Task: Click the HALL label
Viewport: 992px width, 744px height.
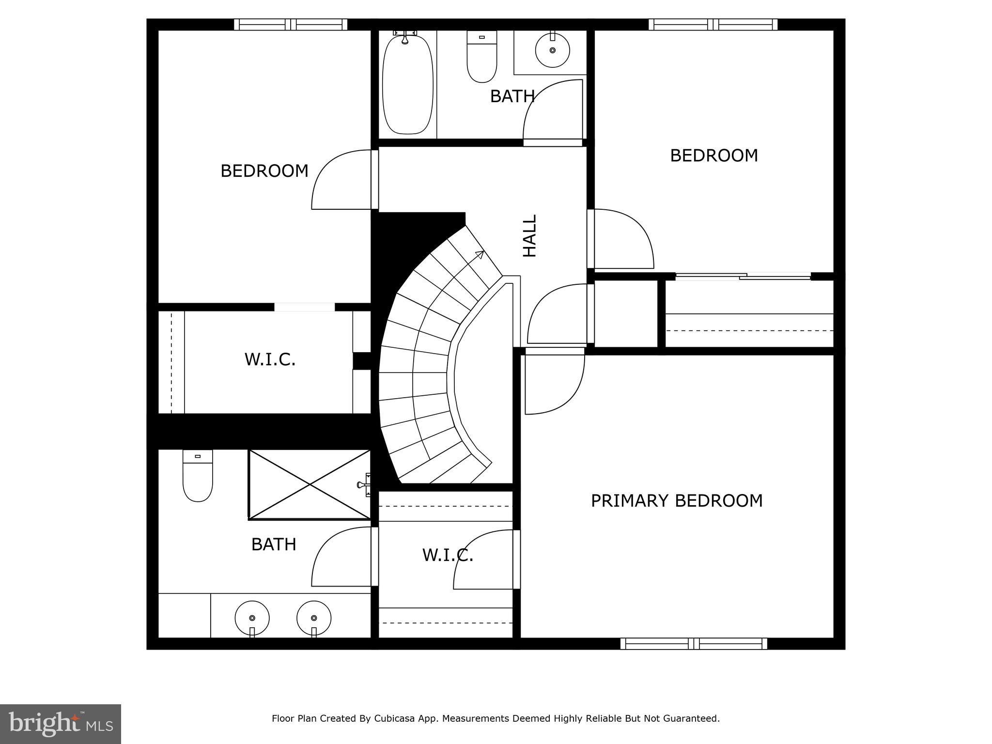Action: point(530,236)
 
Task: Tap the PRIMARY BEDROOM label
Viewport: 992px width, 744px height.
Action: point(677,501)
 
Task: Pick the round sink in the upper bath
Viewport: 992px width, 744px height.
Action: point(552,50)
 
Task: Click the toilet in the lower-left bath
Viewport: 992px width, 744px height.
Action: point(197,477)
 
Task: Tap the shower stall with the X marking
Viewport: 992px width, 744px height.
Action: point(310,484)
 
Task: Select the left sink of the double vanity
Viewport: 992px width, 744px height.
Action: point(252,618)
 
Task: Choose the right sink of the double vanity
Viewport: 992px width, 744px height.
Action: point(314,618)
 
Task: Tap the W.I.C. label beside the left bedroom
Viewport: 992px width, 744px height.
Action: point(270,360)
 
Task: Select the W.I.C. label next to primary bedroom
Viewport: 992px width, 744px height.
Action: point(448,556)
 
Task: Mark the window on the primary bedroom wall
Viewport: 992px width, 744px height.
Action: point(694,644)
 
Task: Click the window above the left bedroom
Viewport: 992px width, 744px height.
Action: point(291,25)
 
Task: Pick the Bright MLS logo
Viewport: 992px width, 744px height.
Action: point(61,724)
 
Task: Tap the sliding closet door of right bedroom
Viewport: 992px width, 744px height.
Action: point(743,277)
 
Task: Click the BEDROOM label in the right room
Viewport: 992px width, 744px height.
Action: point(714,155)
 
